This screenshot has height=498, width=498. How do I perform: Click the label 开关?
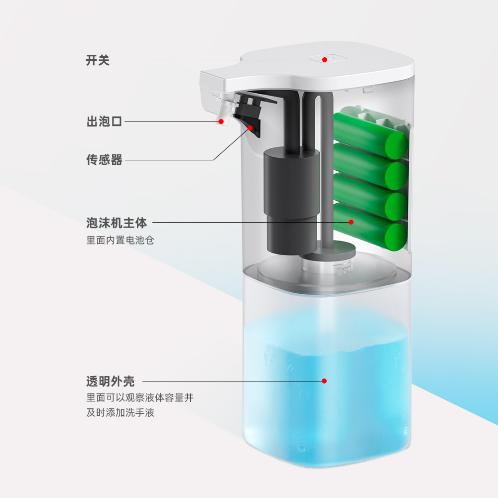tap(98, 60)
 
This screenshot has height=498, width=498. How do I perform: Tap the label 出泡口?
tap(104, 121)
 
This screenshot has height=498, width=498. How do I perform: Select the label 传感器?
tap(104, 160)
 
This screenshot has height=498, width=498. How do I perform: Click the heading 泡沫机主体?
tap(117, 222)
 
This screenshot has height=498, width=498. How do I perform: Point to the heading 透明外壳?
tap(110, 381)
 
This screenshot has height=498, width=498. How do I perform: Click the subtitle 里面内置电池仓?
tap(120, 240)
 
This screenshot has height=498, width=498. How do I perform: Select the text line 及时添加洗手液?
tap(120, 412)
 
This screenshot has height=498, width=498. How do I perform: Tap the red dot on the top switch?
tap(324, 60)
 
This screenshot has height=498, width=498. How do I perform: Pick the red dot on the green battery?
tap(351, 222)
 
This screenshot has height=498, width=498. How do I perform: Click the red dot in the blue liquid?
tap(324, 381)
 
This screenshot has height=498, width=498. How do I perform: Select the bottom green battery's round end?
tap(396, 237)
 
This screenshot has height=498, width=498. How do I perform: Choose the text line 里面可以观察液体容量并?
tap(139, 397)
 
